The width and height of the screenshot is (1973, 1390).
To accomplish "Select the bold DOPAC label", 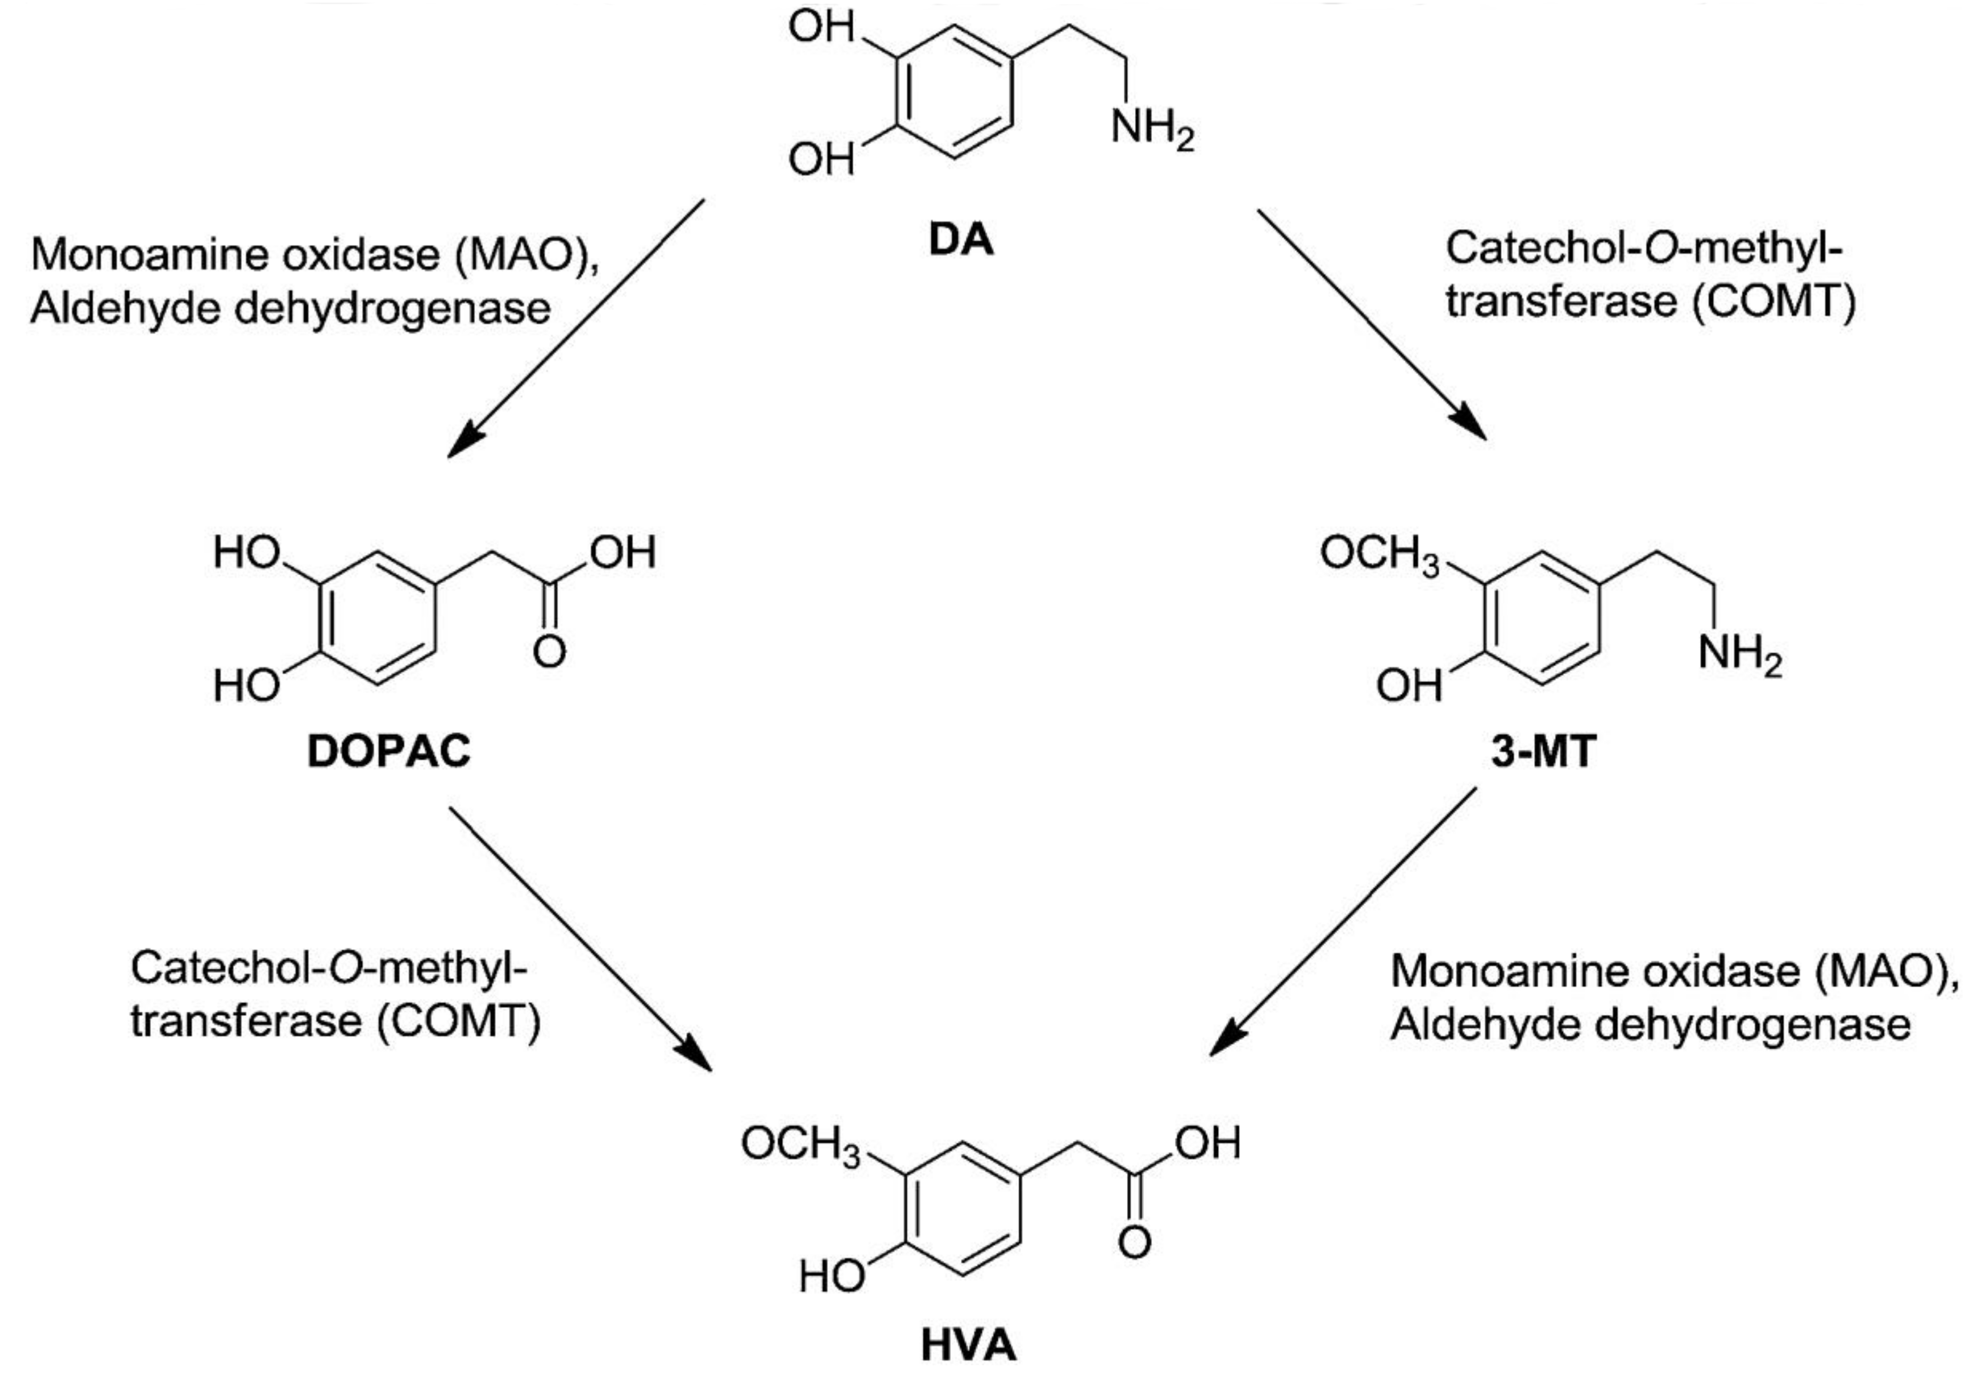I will click(389, 752).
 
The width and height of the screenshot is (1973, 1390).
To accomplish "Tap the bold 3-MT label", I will click(1544, 752).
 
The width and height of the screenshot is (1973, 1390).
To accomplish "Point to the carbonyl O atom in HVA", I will click(1135, 1243).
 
